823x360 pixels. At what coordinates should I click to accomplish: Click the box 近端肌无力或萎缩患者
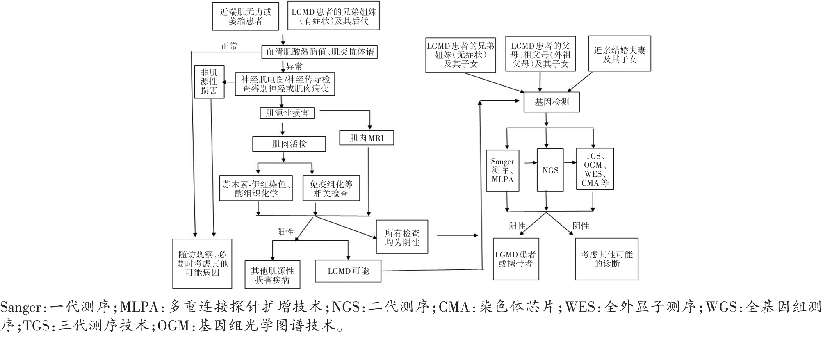246,16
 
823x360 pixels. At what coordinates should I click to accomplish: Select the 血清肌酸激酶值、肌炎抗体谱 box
319,52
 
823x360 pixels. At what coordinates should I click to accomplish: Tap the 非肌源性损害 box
209,82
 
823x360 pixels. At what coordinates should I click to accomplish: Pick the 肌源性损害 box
287,113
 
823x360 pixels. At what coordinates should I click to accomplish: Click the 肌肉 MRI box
367,138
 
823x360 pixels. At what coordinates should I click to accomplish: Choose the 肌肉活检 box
289,144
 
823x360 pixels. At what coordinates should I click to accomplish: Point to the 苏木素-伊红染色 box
256,189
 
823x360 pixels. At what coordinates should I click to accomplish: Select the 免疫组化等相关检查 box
331,189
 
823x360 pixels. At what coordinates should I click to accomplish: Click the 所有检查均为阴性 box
402,237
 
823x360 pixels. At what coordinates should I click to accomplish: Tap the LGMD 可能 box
348,271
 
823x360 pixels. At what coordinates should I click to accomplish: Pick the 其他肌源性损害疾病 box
272,275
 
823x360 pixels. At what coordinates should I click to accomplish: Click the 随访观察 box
202,264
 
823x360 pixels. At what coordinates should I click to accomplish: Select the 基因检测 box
552,102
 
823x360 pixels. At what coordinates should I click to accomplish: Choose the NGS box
550,170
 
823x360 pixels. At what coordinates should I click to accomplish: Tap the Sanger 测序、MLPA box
502,170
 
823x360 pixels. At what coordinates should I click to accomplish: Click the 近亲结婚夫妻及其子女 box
619,54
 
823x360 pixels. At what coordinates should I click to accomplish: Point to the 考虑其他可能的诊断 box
606,259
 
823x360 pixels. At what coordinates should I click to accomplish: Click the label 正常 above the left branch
229,46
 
